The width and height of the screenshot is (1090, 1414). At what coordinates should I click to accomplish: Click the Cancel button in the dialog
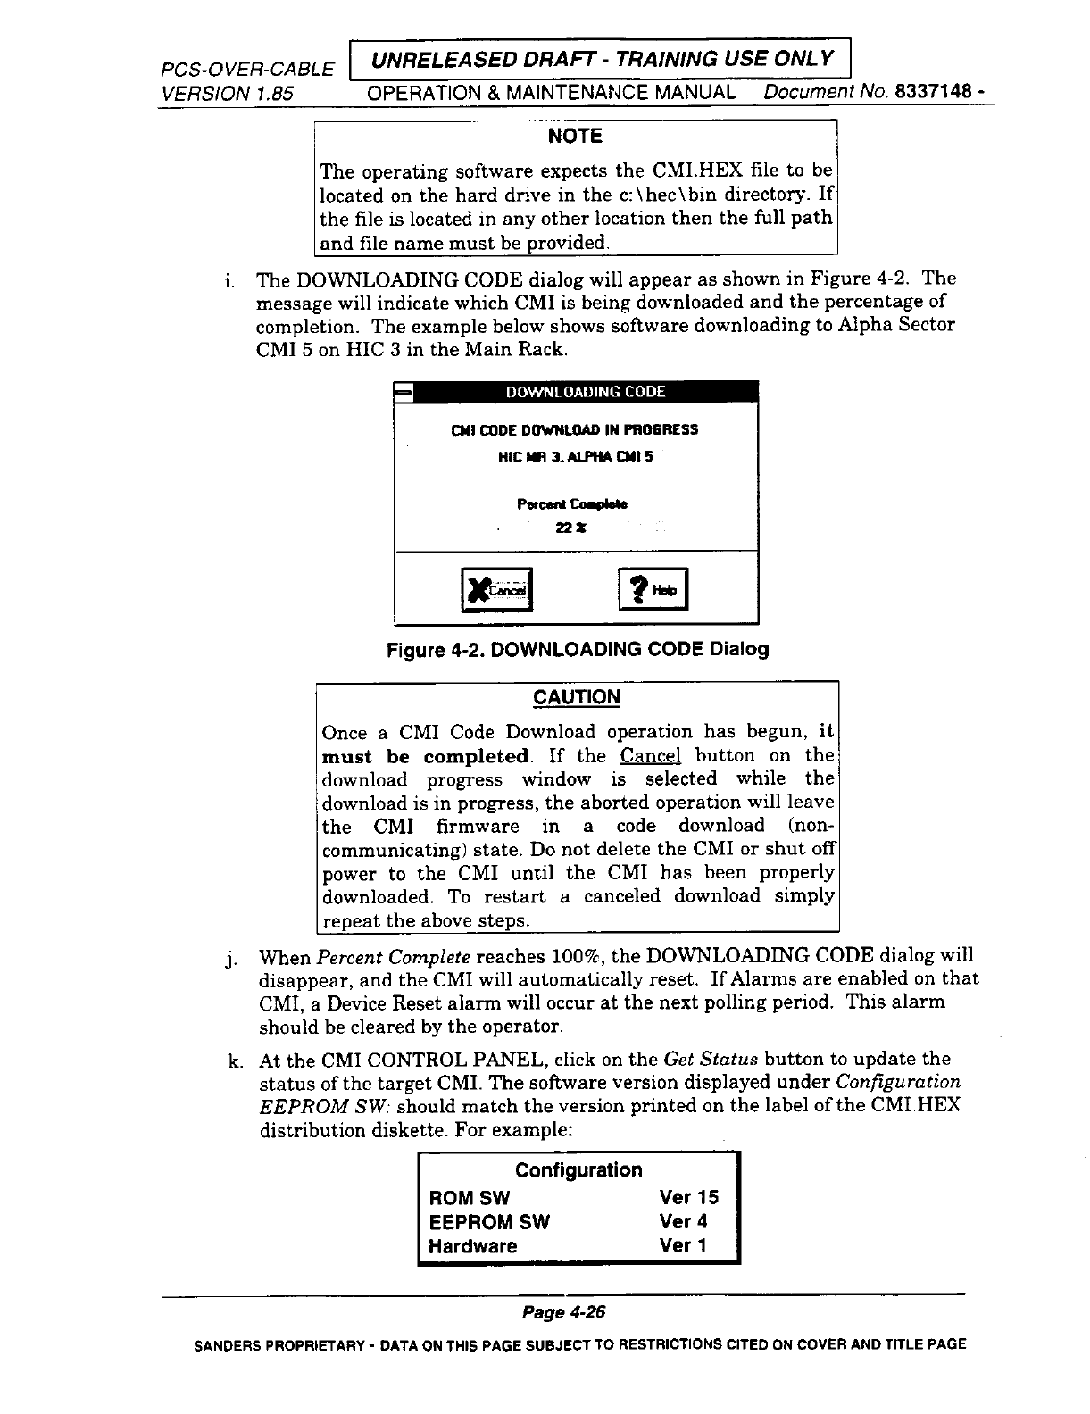coord(496,590)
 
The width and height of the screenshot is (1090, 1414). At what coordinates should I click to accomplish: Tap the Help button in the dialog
coord(653,590)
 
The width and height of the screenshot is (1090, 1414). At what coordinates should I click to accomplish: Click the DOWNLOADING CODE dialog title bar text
coord(586,392)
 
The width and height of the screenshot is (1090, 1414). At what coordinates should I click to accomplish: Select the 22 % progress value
coord(570,528)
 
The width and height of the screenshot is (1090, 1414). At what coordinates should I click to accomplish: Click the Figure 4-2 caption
coord(577,649)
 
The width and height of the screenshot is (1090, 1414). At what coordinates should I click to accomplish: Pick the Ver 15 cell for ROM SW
coord(688,1197)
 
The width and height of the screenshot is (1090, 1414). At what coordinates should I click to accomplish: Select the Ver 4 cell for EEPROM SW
coord(683,1221)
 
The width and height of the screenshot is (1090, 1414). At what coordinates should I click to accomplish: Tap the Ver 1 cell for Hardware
coord(683,1245)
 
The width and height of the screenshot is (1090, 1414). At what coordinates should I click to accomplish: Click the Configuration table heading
coord(578,1169)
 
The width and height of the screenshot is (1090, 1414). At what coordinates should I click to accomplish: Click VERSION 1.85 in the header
coord(227,93)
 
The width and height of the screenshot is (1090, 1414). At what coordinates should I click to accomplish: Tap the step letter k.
coord(235,1060)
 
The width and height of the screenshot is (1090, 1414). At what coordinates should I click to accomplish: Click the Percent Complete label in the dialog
coord(572,504)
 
